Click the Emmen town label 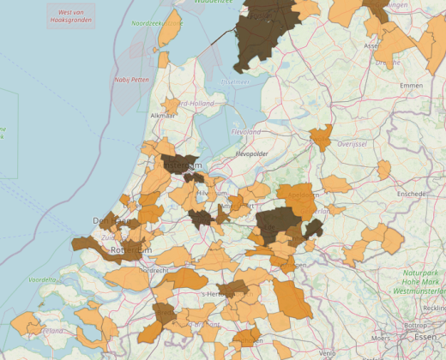click(x=412, y=86)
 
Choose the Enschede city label click(x=412, y=194)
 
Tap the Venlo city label click(x=326, y=352)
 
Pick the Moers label click(x=380, y=339)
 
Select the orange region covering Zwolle click(x=322, y=137)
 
